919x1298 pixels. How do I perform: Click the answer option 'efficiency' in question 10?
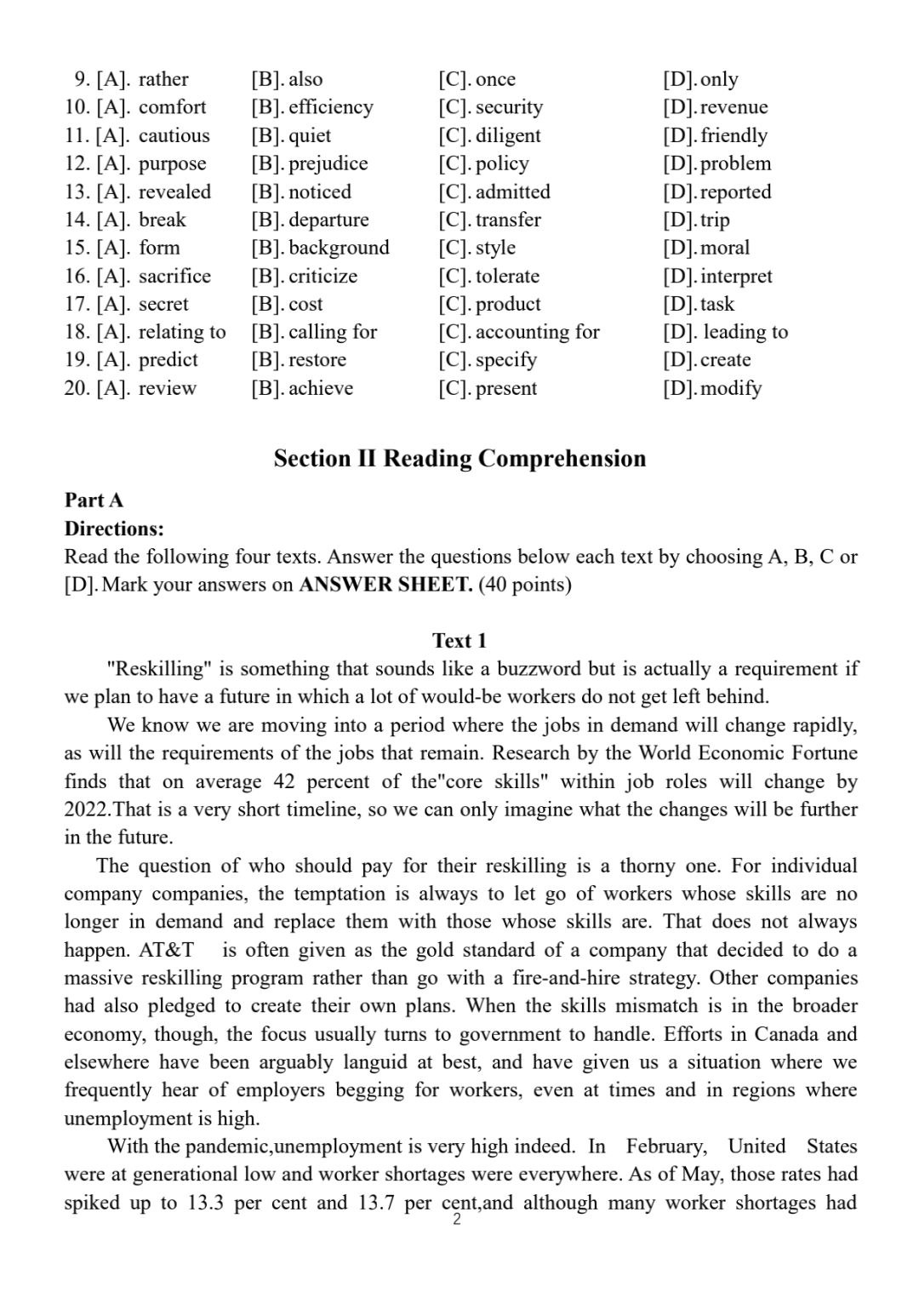pyautogui.click(x=330, y=107)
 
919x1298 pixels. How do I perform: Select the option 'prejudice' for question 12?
pyautogui.click(x=328, y=163)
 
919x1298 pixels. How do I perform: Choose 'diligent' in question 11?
pyautogui.click(x=508, y=135)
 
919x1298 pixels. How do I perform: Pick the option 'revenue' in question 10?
pyautogui.click(x=733, y=107)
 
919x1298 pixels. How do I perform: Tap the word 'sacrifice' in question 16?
pyautogui.click(x=174, y=276)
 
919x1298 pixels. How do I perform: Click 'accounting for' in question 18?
pyautogui.click(x=537, y=332)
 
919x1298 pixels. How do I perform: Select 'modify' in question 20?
pyautogui.click(x=730, y=388)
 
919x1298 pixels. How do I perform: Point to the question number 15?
pyautogui.click(x=77, y=248)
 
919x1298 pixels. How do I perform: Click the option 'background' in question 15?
pyautogui.click(x=339, y=248)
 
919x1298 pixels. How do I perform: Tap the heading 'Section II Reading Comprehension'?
pyautogui.click(x=459, y=459)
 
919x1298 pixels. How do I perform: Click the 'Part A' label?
pyautogui.click(x=94, y=500)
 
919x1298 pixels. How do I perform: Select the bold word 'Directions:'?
pyautogui.click(x=114, y=529)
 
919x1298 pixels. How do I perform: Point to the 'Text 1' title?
pyautogui.click(x=459, y=641)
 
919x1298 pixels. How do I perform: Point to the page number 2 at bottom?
pyautogui.click(x=457, y=1221)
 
